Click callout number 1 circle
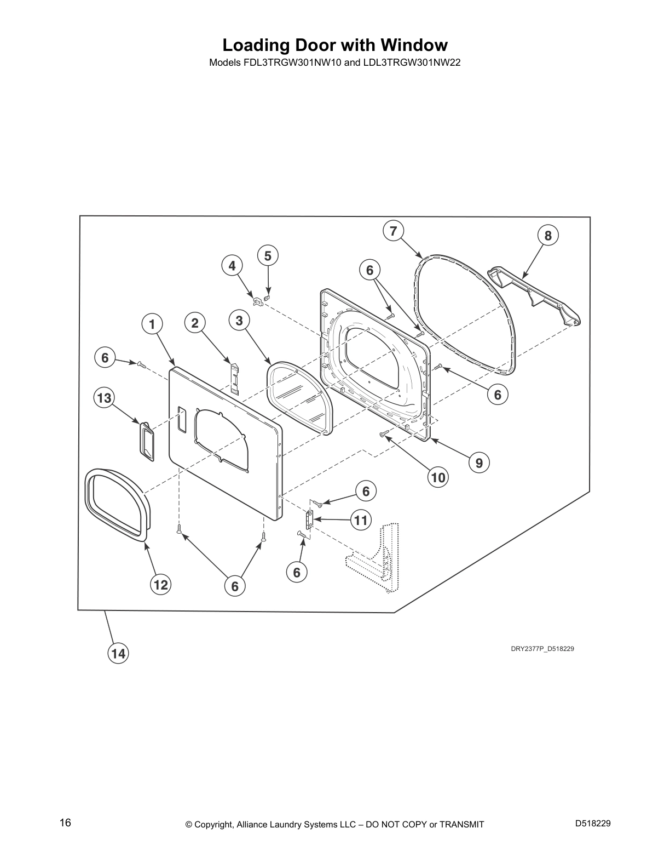(152, 324)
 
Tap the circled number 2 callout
(195, 323)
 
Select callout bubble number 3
(239, 321)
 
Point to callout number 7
(394, 231)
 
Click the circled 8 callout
(548, 236)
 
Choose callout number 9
(480, 462)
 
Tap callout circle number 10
(438, 477)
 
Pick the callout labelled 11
(361, 520)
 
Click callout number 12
(161, 585)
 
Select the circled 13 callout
(104, 398)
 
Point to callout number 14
(118, 654)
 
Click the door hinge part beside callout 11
(310, 519)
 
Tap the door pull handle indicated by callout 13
(147, 441)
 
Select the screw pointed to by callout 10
(384, 434)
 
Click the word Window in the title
(414, 45)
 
